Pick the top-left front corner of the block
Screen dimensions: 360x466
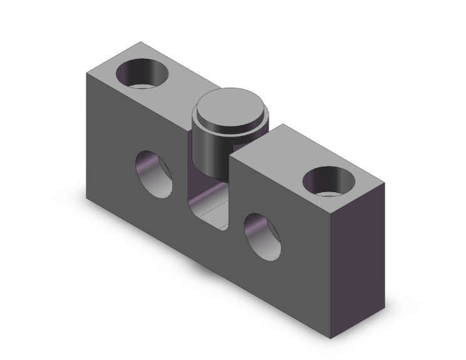coord(86,73)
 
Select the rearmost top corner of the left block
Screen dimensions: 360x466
coord(140,42)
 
